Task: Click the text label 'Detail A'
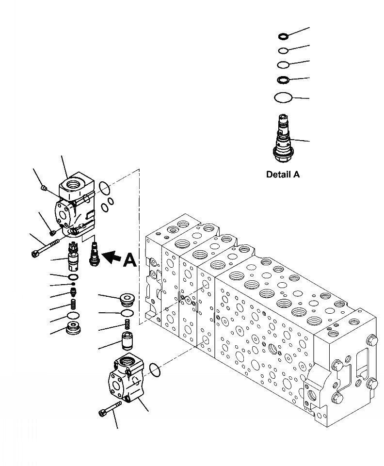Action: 283,175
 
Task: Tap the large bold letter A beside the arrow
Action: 129,260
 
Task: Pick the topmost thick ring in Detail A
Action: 283,36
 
